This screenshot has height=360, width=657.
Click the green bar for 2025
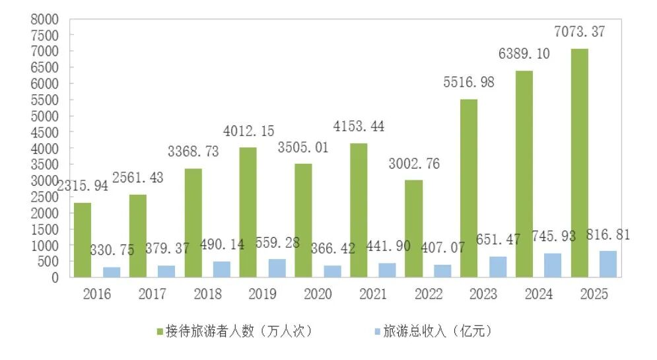[x=579, y=163]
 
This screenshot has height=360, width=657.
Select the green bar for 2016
[x=83, y=240]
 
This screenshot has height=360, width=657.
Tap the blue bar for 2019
[x=277, y=268]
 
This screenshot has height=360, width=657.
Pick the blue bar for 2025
[x=607, y=264]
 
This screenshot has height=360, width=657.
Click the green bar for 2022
[x=413, y=229]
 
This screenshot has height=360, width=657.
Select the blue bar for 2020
[x=331, y=271]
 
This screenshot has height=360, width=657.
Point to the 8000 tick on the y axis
[x=44, y=19]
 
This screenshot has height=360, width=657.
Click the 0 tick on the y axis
[x=55, y=277]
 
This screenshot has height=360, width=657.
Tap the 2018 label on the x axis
[x=207, y=295]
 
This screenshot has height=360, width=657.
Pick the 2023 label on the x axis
[x=483, y=295]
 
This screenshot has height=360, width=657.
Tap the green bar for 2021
[x=359, y=210]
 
